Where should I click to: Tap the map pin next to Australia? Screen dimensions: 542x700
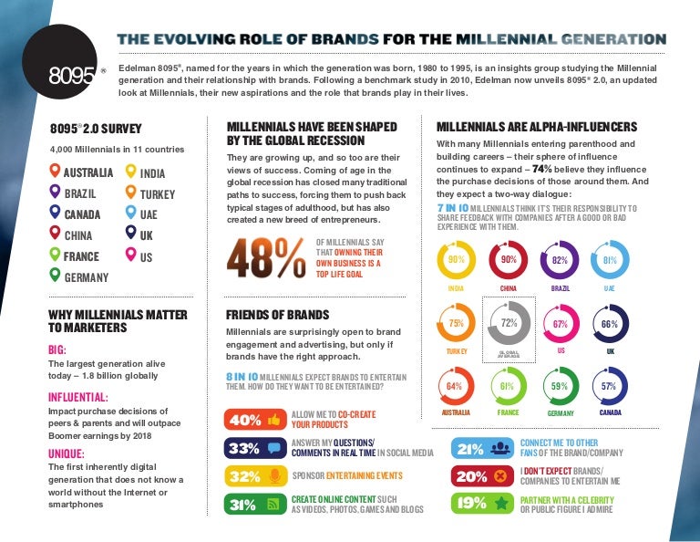56,171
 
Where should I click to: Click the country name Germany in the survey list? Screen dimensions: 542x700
87,276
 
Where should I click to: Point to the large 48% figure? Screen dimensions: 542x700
265,257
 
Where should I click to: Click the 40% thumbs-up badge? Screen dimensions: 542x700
253,420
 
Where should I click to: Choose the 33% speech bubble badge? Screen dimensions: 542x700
253,448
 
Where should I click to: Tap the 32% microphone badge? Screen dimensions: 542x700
253,475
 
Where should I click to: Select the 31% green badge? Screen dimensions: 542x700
253,504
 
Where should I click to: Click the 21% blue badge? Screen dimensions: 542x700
481,448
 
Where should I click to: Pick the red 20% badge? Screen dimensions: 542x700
481,475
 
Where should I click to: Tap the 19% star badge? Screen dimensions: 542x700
481,504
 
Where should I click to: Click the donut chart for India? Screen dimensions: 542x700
457,260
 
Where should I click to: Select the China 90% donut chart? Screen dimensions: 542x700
509,260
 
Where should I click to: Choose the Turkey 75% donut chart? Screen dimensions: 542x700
457,323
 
